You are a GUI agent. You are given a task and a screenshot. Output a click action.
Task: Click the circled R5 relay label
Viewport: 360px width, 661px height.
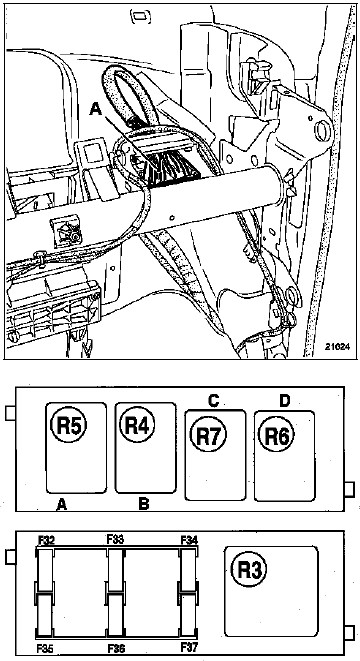click(x=68, y=424)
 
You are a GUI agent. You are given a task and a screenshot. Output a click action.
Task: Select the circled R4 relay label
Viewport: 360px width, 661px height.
click(x=137, y=424)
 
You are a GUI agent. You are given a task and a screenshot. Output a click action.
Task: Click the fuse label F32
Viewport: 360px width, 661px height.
click(x=46, y=540)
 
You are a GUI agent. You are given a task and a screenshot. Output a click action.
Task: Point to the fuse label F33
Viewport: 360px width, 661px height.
click(x=115, y=539)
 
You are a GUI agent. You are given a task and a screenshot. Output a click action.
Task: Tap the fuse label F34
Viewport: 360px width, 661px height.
click(x=189, y=540)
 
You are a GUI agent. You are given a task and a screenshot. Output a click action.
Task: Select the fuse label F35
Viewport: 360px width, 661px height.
click(x=44, y=648)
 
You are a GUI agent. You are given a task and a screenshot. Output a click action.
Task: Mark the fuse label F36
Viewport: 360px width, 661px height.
click(x=116, y=648)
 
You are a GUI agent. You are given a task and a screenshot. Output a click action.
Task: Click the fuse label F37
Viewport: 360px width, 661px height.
click(x=188, y=647)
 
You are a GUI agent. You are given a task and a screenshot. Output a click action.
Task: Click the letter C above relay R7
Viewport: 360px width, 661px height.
click(x=213, y=401)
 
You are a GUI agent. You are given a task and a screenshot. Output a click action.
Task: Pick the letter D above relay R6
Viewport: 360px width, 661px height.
click(x=285, y=401)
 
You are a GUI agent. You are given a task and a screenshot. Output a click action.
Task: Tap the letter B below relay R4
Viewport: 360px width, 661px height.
click(x=144, y=504)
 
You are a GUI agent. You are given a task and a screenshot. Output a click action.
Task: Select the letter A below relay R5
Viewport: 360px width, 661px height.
click(x=62, y=504)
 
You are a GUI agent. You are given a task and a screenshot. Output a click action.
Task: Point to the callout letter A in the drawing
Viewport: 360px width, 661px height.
click(x=96, y=109)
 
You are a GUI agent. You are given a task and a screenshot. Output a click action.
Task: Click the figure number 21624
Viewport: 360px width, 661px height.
click(x=337, y=347)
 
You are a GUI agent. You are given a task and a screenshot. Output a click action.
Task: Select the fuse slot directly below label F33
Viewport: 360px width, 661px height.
click(x=115, y=569)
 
